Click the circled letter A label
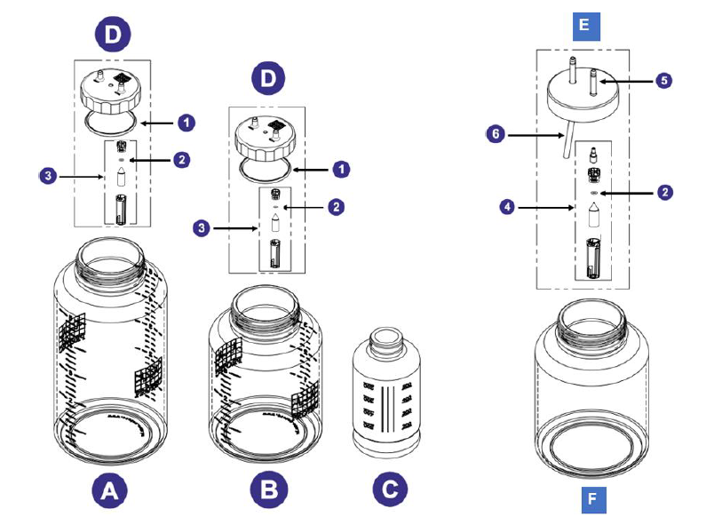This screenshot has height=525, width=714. (x=108, y=489)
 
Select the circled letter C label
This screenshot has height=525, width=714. (x=389, y=489)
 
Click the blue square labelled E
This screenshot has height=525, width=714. (x=583, y=25)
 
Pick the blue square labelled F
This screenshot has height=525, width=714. (x=592, y=498)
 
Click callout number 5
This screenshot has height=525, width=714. (x=663, y=80)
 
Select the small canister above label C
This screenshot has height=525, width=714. (x=388, y=392)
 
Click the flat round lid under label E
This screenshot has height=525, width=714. (x=583, y=89)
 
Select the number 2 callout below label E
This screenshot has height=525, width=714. (x=663, y=192)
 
